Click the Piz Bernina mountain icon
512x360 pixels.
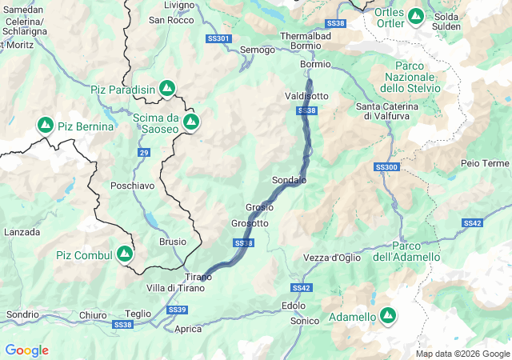[x=45, y=126]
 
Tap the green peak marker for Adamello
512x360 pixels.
[x=388, y=317]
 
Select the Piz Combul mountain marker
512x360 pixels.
[x=124, y=254]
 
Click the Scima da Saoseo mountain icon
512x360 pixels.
[x=190, y=122]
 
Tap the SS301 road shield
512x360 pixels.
[x=218, y=38]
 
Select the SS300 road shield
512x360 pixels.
[x=386, y=167]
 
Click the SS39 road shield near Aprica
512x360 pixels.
[x=177, y=310]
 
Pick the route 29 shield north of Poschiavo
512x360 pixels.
[x=143, y=152]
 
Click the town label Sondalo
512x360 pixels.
[x=290, y=181]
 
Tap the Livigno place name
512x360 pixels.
[x=178, y=5]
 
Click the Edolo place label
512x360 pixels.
[x=294, y=306]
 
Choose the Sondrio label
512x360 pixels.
[x=23, y=314]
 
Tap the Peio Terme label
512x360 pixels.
[x=485, y=163]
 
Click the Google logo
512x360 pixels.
[x=26, y=350]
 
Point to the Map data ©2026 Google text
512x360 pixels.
[x=462, y=354]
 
